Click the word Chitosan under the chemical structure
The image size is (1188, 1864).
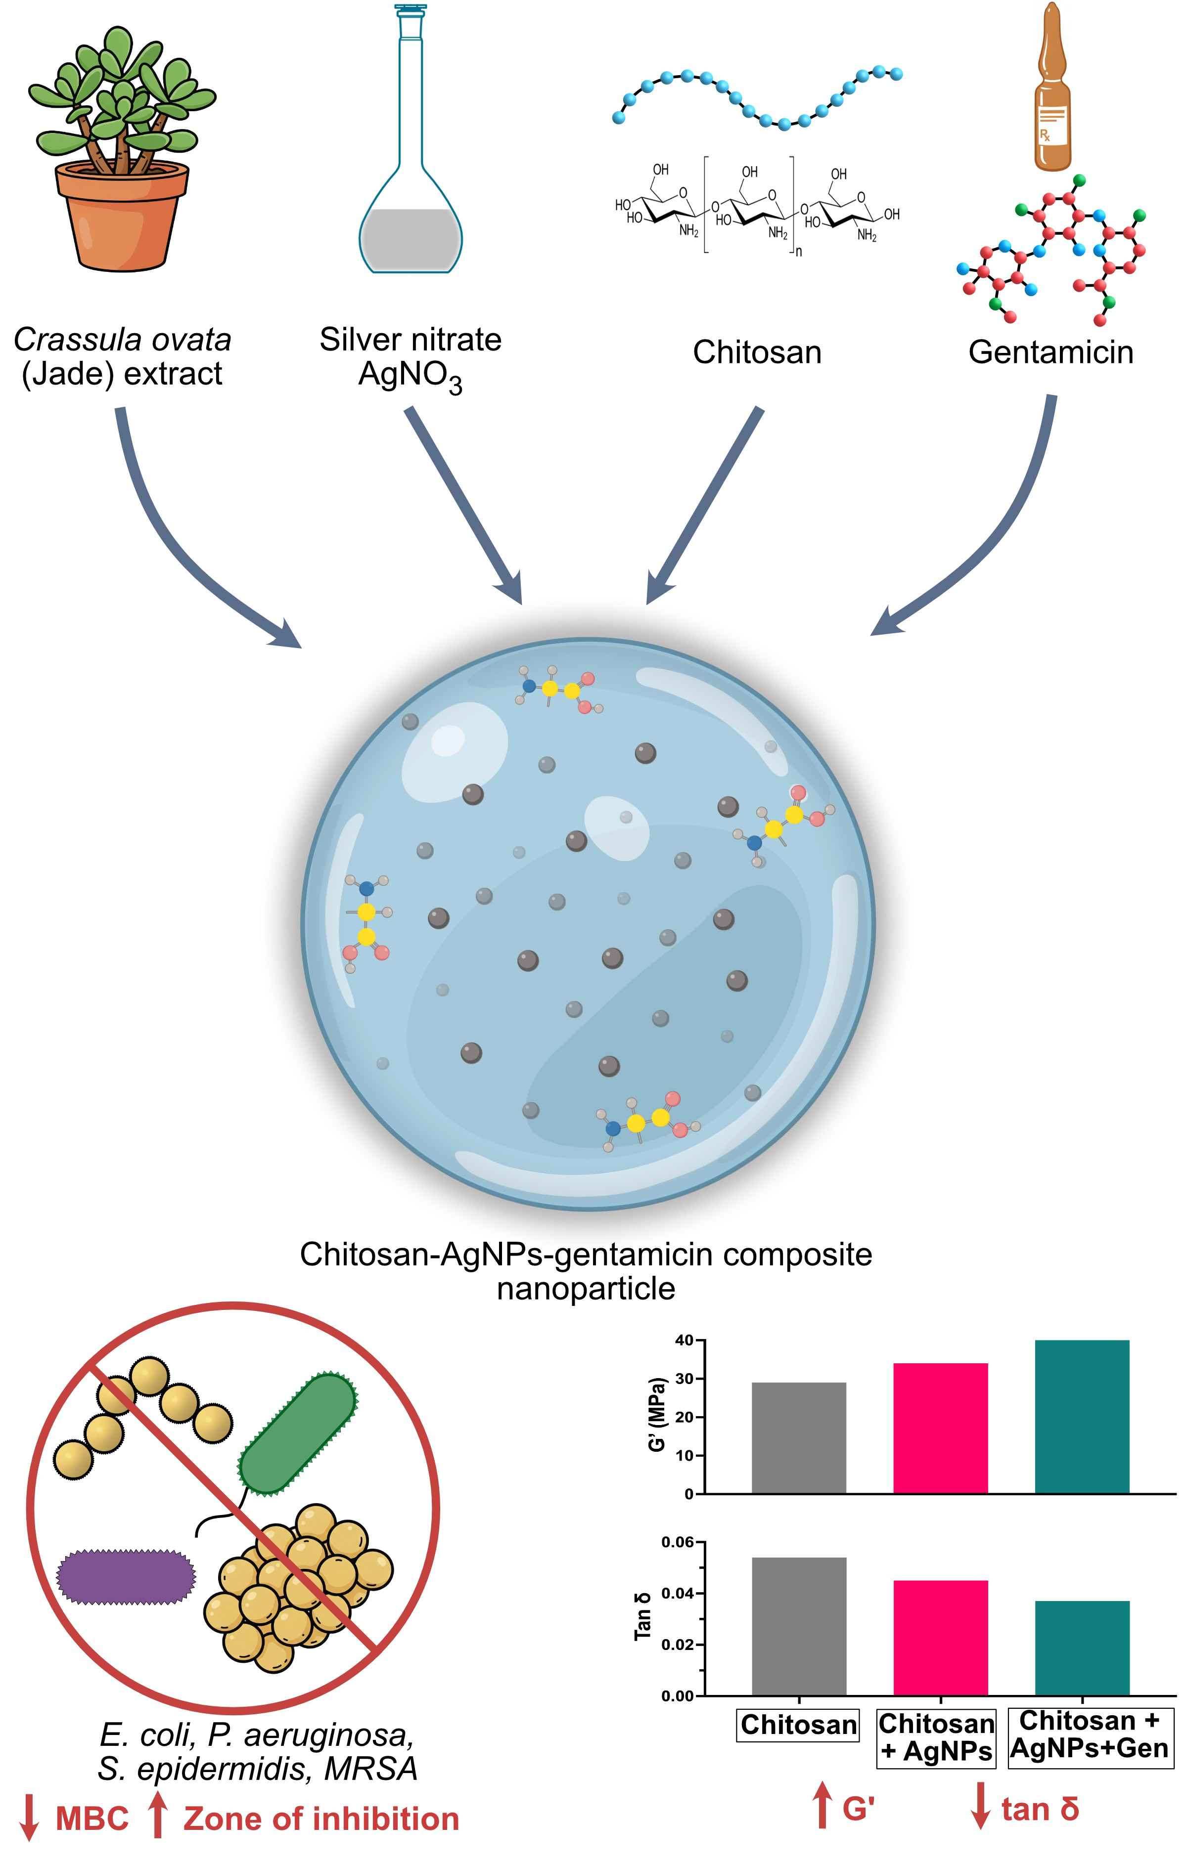(757, 352)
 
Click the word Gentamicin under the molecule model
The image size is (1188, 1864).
(1051, 352)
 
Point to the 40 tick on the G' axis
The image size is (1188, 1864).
(684, 1341)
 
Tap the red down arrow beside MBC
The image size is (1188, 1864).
(29, 1819)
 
